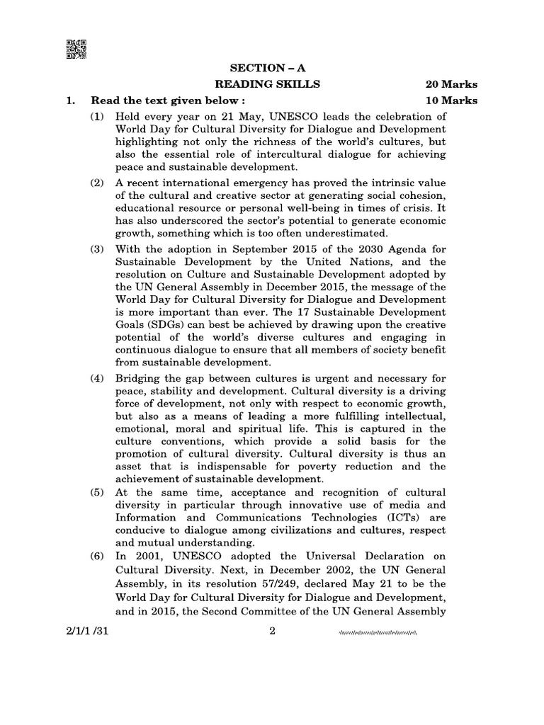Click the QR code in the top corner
point(76,49)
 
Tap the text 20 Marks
point(451,84)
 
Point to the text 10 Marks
point(451,101)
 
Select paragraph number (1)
point(97,116)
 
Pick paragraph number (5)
point(97,492)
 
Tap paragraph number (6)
point(97,556)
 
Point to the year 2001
point(143,556)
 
